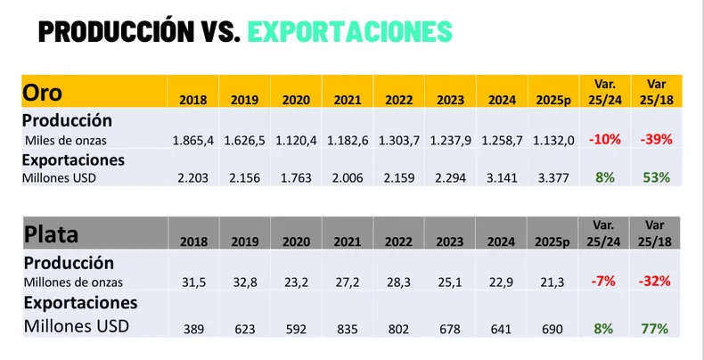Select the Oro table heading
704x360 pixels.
click(x=42, y=92)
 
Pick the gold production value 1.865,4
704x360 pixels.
click(x=193, y=139)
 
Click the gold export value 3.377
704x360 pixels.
click(x=553, y=177)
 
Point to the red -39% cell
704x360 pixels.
click(x=655, y=139)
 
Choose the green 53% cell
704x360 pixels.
click(x=655, y=177)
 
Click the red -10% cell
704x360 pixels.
click(x=604, y=139)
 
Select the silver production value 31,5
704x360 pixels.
click(x=193, y=282)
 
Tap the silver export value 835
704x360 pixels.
click(x=348, y=329)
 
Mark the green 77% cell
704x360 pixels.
click(x=655, y=329)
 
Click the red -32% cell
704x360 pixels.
click(x=655, y=282)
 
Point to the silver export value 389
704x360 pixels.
click(x=193, y=329)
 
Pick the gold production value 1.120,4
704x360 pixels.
click(x=296, y=139)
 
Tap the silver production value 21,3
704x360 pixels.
click(x=553, y=282)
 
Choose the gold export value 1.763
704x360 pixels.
click(x=296, y=177)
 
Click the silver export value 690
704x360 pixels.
click(x=553, y=329)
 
